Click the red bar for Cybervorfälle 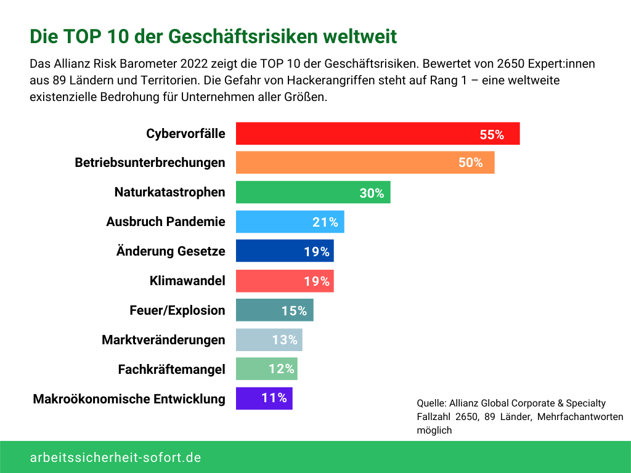pyautogui.click(x=377, y=134)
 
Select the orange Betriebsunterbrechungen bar pyautogui.click(x=365, y=163)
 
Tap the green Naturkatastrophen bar pyautogui.click(x=313, y=192)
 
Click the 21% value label pyautogui.click(x=325, y=222)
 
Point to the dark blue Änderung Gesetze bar pyautogui.click(x=285, y=251)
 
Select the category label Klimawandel pyautogui.click(x=187, y=281)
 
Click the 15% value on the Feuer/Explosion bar pyautogui.click(x=294, y=310)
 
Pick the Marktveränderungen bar pyautogui.click(x=269, y=340)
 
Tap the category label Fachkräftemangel pyautogui.click(x=171, y=370)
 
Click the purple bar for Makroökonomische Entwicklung pyautogui.click(x=264, y=398)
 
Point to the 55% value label pyautogui.click(x=492, y=135)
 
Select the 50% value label pyautogui.click(x=470, y=163)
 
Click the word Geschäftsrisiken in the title pyautogui.click(x=234, y=36)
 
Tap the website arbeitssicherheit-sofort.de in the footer pyautogui.click(x=115, y=458)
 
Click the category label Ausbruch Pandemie pyautogui.click(x=165, y=222)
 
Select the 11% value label pyautogui.click(x=274, y=398)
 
